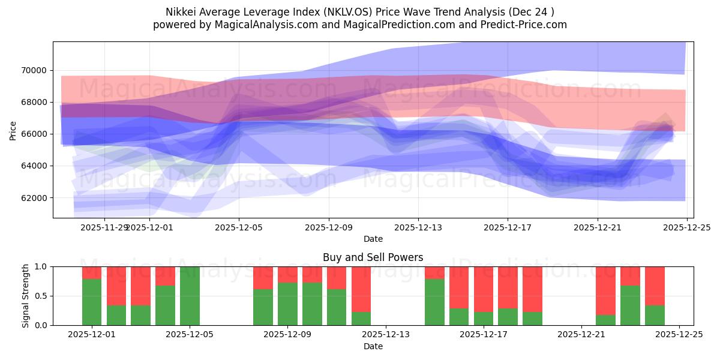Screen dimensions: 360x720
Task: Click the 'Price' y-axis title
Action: coord(13,130)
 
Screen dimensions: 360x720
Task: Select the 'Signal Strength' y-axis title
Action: coord(25,296)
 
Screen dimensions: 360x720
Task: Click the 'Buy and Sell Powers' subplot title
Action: coord(373,257)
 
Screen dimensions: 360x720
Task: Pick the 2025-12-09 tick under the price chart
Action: coord(328,227)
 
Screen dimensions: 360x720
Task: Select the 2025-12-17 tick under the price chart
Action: coord(508,227)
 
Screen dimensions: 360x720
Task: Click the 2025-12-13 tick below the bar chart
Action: coord(385,335)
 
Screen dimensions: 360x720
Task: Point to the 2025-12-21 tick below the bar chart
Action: coord(581,335)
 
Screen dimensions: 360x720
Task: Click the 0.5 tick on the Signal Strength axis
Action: coord(42,296)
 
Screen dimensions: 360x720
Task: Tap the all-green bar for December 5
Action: coord(190,296)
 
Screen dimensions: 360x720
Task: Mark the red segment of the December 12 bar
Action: coord(361,289)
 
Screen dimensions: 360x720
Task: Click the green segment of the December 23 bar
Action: coord(630,305)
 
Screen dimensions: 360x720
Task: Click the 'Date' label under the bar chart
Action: coord(373,346)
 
